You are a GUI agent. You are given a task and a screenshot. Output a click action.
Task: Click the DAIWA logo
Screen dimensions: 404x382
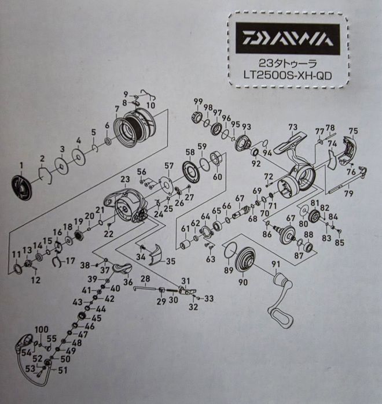tap(287, 39)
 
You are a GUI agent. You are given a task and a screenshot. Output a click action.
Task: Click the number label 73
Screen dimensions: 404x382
tap(292, 127)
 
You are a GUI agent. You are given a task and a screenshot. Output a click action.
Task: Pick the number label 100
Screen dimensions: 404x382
tap(41, 329)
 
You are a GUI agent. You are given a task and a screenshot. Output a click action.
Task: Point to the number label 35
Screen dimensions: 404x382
tap(170, 261)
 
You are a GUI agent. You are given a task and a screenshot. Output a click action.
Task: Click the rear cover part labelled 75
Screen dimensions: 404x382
tap(351, 149)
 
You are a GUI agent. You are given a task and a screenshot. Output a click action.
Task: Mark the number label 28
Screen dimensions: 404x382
tap(145, 279)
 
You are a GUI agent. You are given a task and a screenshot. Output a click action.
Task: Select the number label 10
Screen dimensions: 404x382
tap(150, 105)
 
